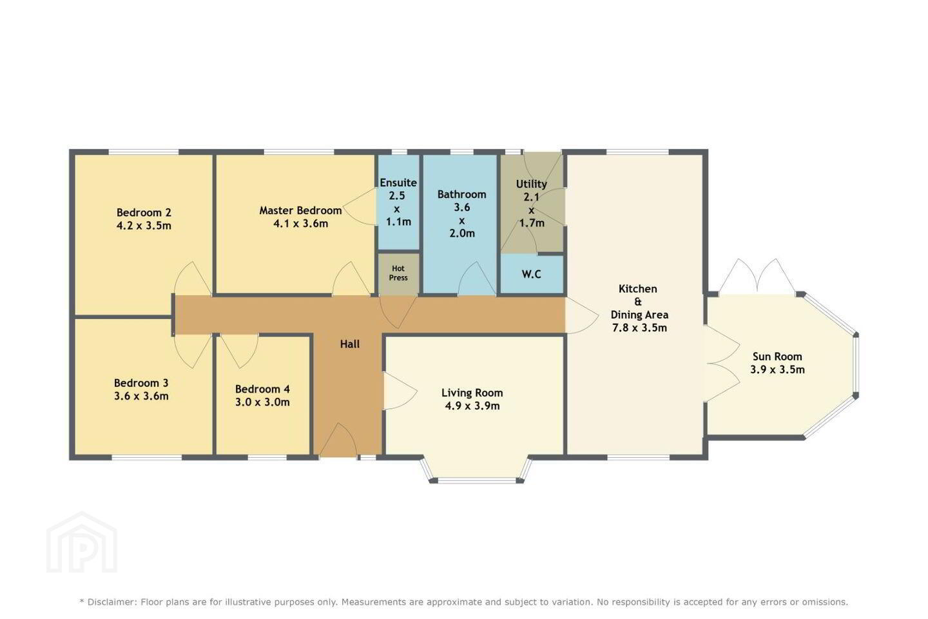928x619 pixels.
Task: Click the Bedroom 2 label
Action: [143, 213]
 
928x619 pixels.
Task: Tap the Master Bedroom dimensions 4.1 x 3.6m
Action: [301, 224]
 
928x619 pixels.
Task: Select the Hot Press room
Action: [398, 273]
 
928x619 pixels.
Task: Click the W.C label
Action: [531, 274]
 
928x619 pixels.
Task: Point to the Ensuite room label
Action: [398, 183]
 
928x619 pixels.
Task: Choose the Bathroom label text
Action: [461, 195]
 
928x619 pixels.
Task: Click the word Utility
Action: [531, 184]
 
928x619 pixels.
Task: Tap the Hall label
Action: [350, 344]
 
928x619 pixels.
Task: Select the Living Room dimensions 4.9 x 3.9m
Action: [472, 406]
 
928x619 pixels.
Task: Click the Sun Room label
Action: [777, 357]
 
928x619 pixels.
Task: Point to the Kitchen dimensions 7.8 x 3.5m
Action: [639, 328]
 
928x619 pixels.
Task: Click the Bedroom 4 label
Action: [262, 389]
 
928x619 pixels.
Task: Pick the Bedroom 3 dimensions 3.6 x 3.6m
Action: [141, 397]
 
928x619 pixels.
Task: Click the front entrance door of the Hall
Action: [338, 440]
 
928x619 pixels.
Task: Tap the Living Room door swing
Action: [400, 391]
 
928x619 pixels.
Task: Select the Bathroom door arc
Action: [477, 278]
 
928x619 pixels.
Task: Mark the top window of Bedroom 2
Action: [144, 152]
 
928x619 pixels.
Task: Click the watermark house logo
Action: [82, 542]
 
